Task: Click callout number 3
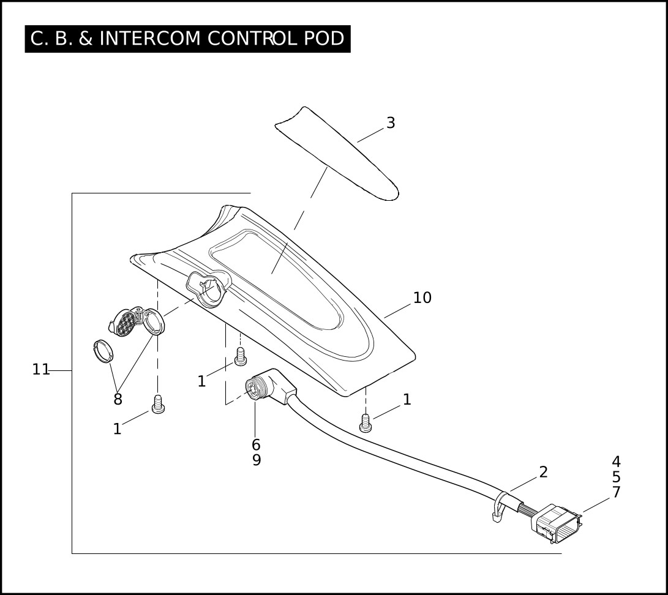[391, 123]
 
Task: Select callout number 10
[422, 298]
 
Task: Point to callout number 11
[41, 370]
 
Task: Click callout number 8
[118, 400]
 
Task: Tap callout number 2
[543, 472]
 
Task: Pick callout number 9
[257, 460]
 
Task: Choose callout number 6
[256, 445]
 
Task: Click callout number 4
[616, 462]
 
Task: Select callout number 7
[616, 492]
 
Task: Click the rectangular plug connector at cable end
[557, 524]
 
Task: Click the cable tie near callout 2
[500, 506]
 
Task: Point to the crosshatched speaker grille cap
[127, 322]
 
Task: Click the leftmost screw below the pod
[158, 405]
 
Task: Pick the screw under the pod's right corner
[366, 422]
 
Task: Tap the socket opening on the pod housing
[210, 288]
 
